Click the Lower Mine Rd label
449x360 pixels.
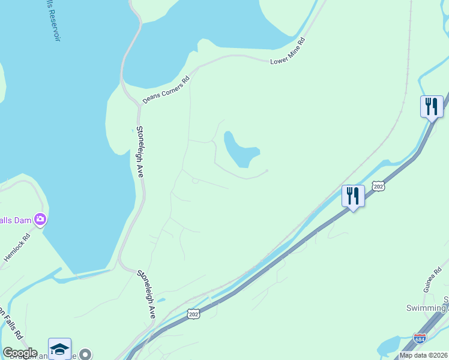(289, 52)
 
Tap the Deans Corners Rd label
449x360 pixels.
(166, 89)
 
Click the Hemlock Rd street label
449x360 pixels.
(17, 247)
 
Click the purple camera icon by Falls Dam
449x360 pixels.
(40, 220)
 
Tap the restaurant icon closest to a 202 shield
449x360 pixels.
(353, 196)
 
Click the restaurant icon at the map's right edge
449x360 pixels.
(432, 107)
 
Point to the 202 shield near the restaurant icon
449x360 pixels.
(378, 187)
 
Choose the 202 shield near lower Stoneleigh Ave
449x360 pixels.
(193, 314)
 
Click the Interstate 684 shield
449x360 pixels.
(420, 338)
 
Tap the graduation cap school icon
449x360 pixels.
(60, 349)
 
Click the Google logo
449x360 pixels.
(19, 353)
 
